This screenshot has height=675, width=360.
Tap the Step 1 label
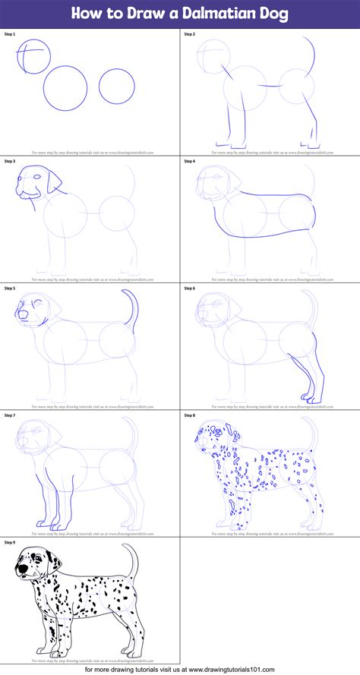[9, 34]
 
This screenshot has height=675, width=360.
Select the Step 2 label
[189, 34]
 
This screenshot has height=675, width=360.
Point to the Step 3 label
[9, 161]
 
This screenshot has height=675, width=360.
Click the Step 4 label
[189, 161]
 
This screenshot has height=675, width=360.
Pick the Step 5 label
[9, 289]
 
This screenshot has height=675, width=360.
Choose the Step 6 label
[189, 289]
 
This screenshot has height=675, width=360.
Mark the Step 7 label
[9, 415]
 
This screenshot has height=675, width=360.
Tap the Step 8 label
[189, 415]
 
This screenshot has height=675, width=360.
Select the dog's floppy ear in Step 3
[52, 182]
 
